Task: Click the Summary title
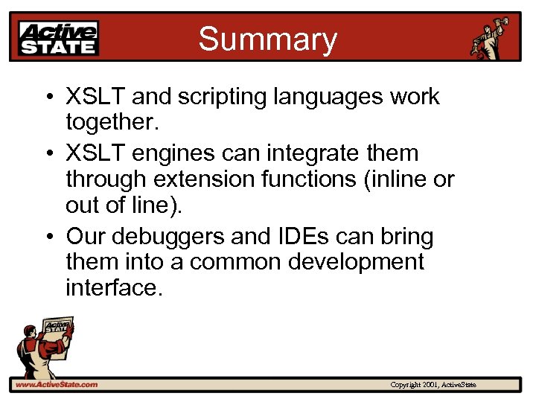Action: point(267,39)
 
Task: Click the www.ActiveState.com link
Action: point(56,384)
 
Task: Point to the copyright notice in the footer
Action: point(433,384)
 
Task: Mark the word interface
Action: point(113,287)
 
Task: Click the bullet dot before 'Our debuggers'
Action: point(48,237)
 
